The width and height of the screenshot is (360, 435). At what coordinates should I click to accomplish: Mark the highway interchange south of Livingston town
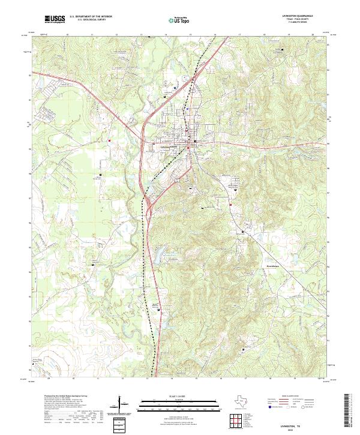[148, 207]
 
